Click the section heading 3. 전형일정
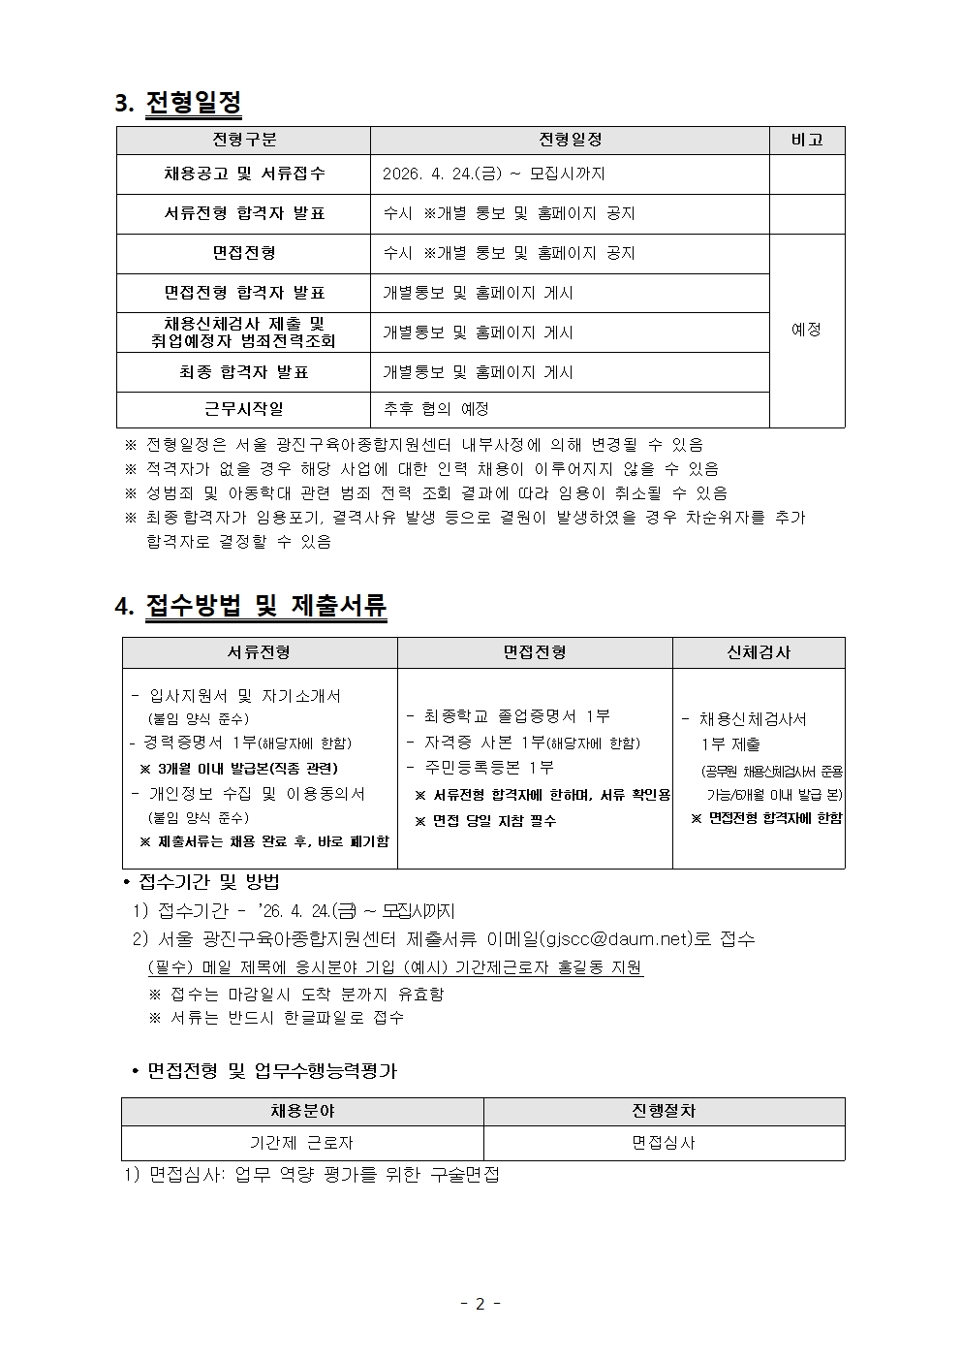click(178, 103)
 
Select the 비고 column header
click(806, 140)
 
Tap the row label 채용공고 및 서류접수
click(244, 174)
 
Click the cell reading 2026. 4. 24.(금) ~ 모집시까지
click(493, 174)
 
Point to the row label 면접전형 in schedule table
click(244, 253)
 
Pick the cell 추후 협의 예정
click(436, 409)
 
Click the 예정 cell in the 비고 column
click(806, 330)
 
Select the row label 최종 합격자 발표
click(244, 371)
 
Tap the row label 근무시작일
click(244, 409)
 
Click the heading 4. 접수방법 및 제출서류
click(251, 607)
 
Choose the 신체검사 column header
click(759, 652)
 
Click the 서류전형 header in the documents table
click(259, 652)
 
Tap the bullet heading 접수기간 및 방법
click(209, 882)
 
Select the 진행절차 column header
click(664, 1111)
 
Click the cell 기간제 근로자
click(301, 1143)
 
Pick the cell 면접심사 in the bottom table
click(664, 1143)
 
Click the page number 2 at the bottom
click(480, 1304)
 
